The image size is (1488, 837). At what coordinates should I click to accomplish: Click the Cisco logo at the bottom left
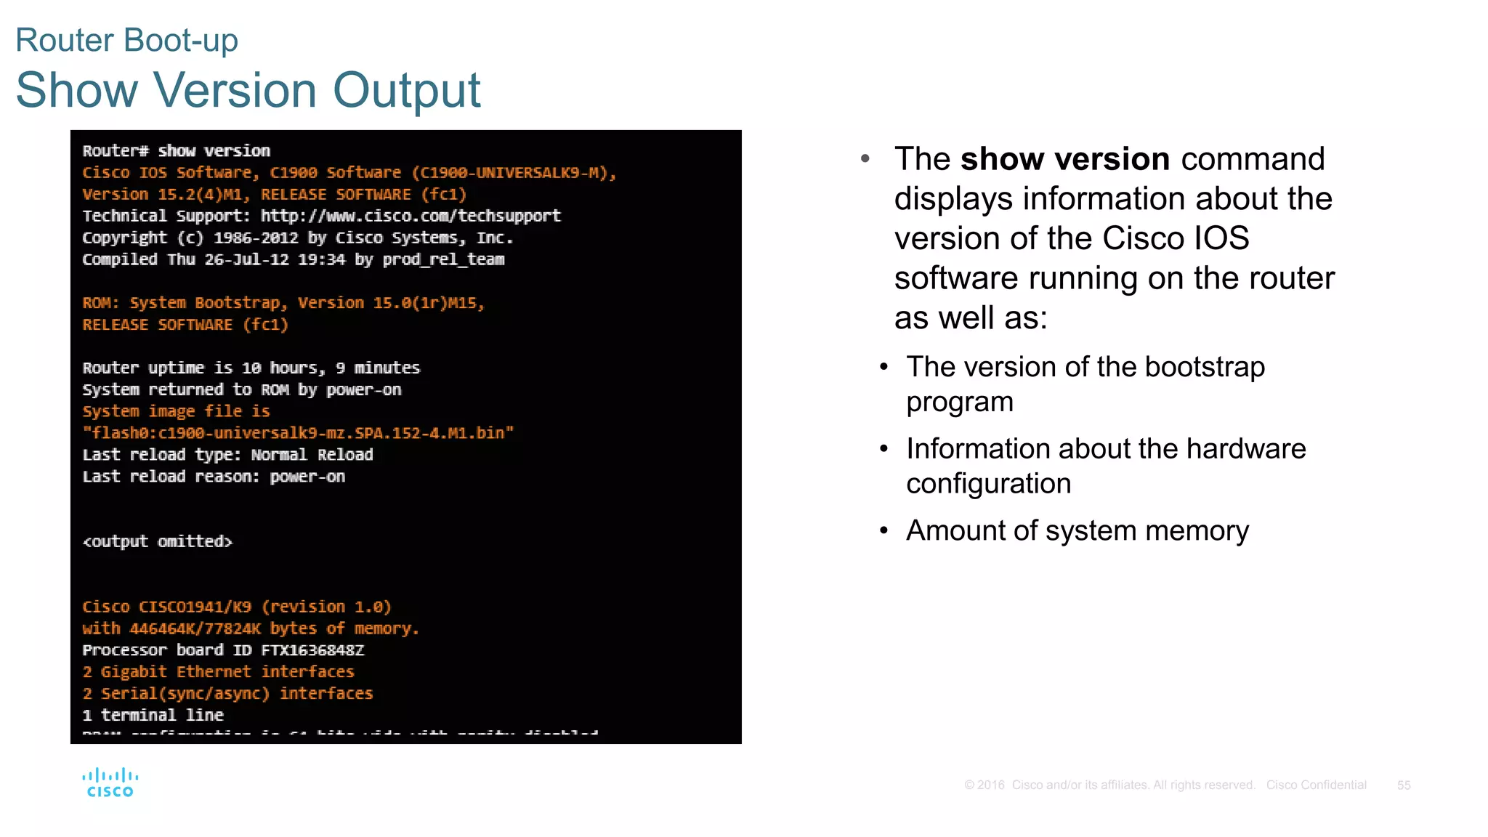click(110, 783)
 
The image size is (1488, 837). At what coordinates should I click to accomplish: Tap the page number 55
click(1403, 785)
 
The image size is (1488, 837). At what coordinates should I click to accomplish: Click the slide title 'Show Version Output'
click(248, 90)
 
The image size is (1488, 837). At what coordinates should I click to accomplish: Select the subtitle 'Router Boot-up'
click(126, 40)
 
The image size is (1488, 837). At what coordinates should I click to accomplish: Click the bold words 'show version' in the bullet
click(1064, 159)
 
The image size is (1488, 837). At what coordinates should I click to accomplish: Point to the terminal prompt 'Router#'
click(116, 151)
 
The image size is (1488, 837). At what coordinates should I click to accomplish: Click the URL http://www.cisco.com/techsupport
click(411, 216)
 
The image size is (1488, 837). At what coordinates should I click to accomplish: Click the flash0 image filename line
click(298, 433)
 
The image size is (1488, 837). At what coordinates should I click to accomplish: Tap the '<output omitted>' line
click(158, 542)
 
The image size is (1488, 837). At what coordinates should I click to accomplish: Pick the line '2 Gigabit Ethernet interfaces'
click(218, 672)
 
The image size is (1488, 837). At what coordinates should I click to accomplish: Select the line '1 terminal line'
click(153, 716)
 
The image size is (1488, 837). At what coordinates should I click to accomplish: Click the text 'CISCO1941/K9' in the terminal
click(195, 607)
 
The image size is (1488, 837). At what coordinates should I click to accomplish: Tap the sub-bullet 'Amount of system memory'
click(1077, 531)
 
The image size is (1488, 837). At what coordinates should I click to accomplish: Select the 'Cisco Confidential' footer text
click(1316, 785)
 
